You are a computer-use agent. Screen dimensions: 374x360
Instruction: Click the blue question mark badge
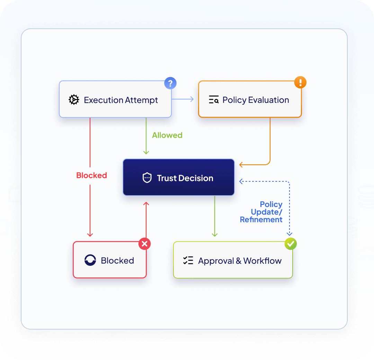(x=170, y=83)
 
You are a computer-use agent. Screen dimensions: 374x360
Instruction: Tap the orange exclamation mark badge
(x=300, y=82)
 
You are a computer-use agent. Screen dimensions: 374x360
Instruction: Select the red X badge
(x=144, y=244)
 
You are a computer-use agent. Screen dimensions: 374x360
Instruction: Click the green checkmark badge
(x=291, y=244)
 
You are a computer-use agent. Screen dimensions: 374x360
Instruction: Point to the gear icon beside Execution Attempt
(x=74, y=100)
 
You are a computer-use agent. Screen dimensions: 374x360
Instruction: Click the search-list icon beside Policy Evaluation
(x=214, y=99)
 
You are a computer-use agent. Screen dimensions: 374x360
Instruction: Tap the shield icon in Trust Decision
(x=147, y=178)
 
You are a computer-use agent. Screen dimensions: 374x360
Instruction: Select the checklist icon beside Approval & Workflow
(x=188, y=260)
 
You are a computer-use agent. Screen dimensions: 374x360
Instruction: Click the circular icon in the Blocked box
(x=90, y=260)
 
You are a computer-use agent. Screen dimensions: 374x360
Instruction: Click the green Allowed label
(x=167, y=135)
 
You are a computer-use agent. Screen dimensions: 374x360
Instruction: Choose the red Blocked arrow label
(x=91, y=175)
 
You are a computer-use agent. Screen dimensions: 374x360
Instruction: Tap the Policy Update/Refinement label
(x=261, y=212)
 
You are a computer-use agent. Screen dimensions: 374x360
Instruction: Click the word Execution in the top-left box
(x=103, y=100)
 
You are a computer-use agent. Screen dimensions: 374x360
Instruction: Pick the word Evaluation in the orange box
(x=269, y=100)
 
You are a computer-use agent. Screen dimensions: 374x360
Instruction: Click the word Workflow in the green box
(x=262, y=261)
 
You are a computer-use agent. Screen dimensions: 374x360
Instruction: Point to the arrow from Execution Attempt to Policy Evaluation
(x=183, y=99)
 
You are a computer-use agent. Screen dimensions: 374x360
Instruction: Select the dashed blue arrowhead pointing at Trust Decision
(x=241, y=181)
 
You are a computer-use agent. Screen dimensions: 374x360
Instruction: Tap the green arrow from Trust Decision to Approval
(x=215, y=216)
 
